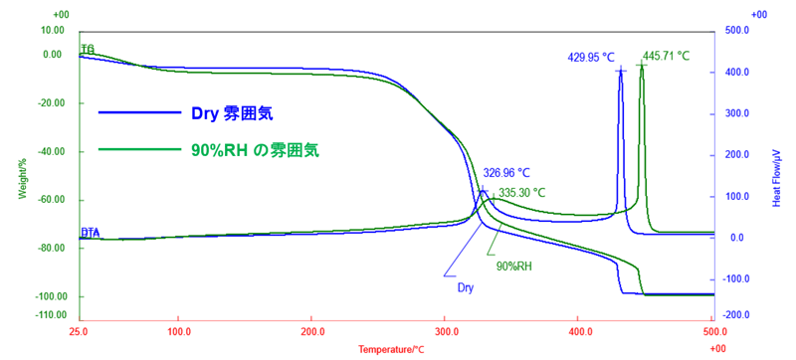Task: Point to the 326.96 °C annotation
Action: coord(506,172)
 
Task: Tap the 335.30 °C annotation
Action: coord(522,192)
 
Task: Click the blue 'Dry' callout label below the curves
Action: coord(465,287)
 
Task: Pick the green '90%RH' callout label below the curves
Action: coord(513,266)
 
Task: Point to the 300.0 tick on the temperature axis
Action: coord(446,330)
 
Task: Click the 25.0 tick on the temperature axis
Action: coord(79,330)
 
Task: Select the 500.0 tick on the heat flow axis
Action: coord(736,31)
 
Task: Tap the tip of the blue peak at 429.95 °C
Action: coord(621,68)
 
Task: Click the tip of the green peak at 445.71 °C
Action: coord(642,64)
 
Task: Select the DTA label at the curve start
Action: coord(91,232)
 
